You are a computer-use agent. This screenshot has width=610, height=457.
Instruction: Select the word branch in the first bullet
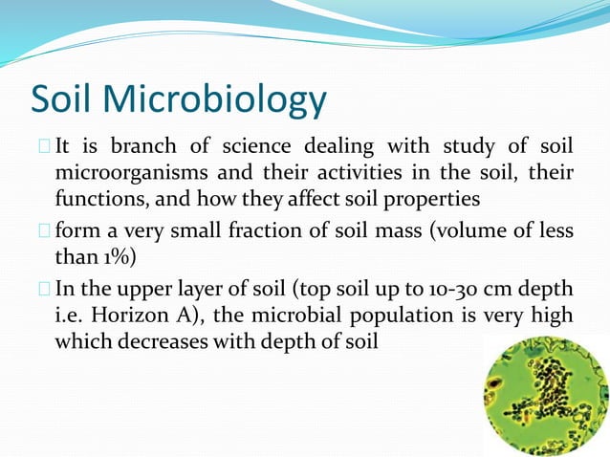(x=142, y=146)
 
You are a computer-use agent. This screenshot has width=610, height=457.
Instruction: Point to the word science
(x=257, y=146)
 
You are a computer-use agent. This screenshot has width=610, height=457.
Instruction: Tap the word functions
(x=96, y=199)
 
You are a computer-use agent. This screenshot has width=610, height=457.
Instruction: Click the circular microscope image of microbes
(x=545, y=396)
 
